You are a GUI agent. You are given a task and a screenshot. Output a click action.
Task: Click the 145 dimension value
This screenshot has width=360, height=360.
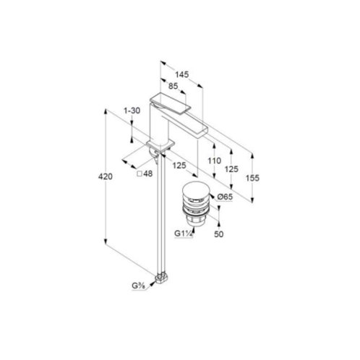point(181,74)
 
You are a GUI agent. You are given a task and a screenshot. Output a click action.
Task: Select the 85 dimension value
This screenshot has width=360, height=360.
point(173,86)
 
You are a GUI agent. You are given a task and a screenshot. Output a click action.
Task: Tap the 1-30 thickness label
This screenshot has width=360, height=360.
point(132,111)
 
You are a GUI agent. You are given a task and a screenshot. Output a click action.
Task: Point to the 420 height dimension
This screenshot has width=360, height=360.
point(106,176)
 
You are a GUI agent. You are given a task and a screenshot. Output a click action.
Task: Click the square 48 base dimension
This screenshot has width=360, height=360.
point(145,173)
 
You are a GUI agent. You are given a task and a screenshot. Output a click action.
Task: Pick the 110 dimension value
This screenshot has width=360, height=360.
point(215,160)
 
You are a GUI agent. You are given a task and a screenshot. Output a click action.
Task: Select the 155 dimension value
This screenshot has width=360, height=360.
point(252,178)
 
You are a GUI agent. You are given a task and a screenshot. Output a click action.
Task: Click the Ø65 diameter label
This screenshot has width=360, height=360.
point(225,197)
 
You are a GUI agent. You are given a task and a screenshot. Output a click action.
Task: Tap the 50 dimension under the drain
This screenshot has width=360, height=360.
point(218,234)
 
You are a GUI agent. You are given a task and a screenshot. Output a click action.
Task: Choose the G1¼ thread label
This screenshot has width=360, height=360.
point(184,233)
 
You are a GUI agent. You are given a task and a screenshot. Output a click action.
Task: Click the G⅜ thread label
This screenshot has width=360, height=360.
point(138,286)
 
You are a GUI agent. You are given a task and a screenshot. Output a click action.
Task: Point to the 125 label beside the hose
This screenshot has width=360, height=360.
point(179,166)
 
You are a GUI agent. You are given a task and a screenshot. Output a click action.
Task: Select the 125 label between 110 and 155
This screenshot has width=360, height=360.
point(231,169)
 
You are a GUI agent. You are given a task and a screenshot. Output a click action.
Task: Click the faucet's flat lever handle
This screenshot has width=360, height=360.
point(170,103)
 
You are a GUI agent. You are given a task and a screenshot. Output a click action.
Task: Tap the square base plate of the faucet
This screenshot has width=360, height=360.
point(160,145)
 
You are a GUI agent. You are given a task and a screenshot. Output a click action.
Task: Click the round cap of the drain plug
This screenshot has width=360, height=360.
point(195,190)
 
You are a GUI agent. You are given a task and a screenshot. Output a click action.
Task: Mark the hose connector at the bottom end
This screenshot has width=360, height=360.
point(162,278)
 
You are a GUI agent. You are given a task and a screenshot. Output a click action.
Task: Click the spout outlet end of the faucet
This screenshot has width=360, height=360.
point(202,132)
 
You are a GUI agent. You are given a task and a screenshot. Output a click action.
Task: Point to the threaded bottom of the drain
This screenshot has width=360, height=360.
point(194,220)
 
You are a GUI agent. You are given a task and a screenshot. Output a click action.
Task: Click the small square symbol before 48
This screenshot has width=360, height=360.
point(140,173)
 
